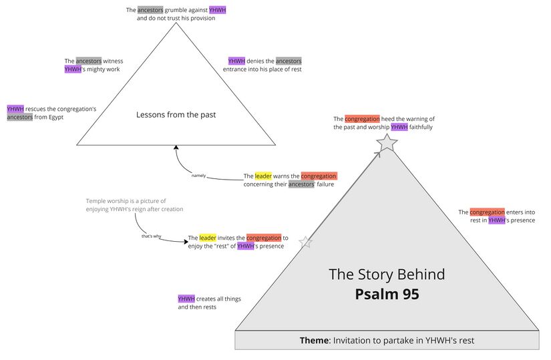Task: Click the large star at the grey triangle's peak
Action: pyautogui.click(x=387, y=142)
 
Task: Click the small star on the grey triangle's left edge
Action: pyautogui.click(x=305, y=242)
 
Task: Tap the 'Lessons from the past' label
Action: pyautogui.click(x=176, y=115)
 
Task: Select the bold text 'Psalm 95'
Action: pyautogui.click(x=387, y=294)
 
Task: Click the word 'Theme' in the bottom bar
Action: pyautogui.click(x=314, y=341)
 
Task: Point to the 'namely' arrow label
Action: pyautogui.click(x=198, y=176)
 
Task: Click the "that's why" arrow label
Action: pyautogui.click(x=151, y=236)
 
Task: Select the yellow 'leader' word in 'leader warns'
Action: pyautogui.click(x=263, y=176)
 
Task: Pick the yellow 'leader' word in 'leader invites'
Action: pyautogui.click(x=208, y=238)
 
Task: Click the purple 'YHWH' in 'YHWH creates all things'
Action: pyautogui.click(x=186, y=299)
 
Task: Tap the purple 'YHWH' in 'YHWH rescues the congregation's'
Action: pyautogui.click(x=15, y=109)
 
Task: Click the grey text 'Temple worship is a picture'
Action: pyautogui.click(x=126, y=201)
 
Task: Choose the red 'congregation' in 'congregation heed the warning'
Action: pyautogui.click(x=362, y=119)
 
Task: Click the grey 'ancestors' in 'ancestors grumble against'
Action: pyautogui.click(x=150, y=10)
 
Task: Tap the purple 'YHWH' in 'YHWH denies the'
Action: pyautogui.click(x=236, y=61)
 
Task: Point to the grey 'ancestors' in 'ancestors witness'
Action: pyautogui.click(x=88, y=61)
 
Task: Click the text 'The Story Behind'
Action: pyautogui.click(x=387, y=274)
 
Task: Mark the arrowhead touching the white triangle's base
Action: pyautogui.click(x=176, y=148)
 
